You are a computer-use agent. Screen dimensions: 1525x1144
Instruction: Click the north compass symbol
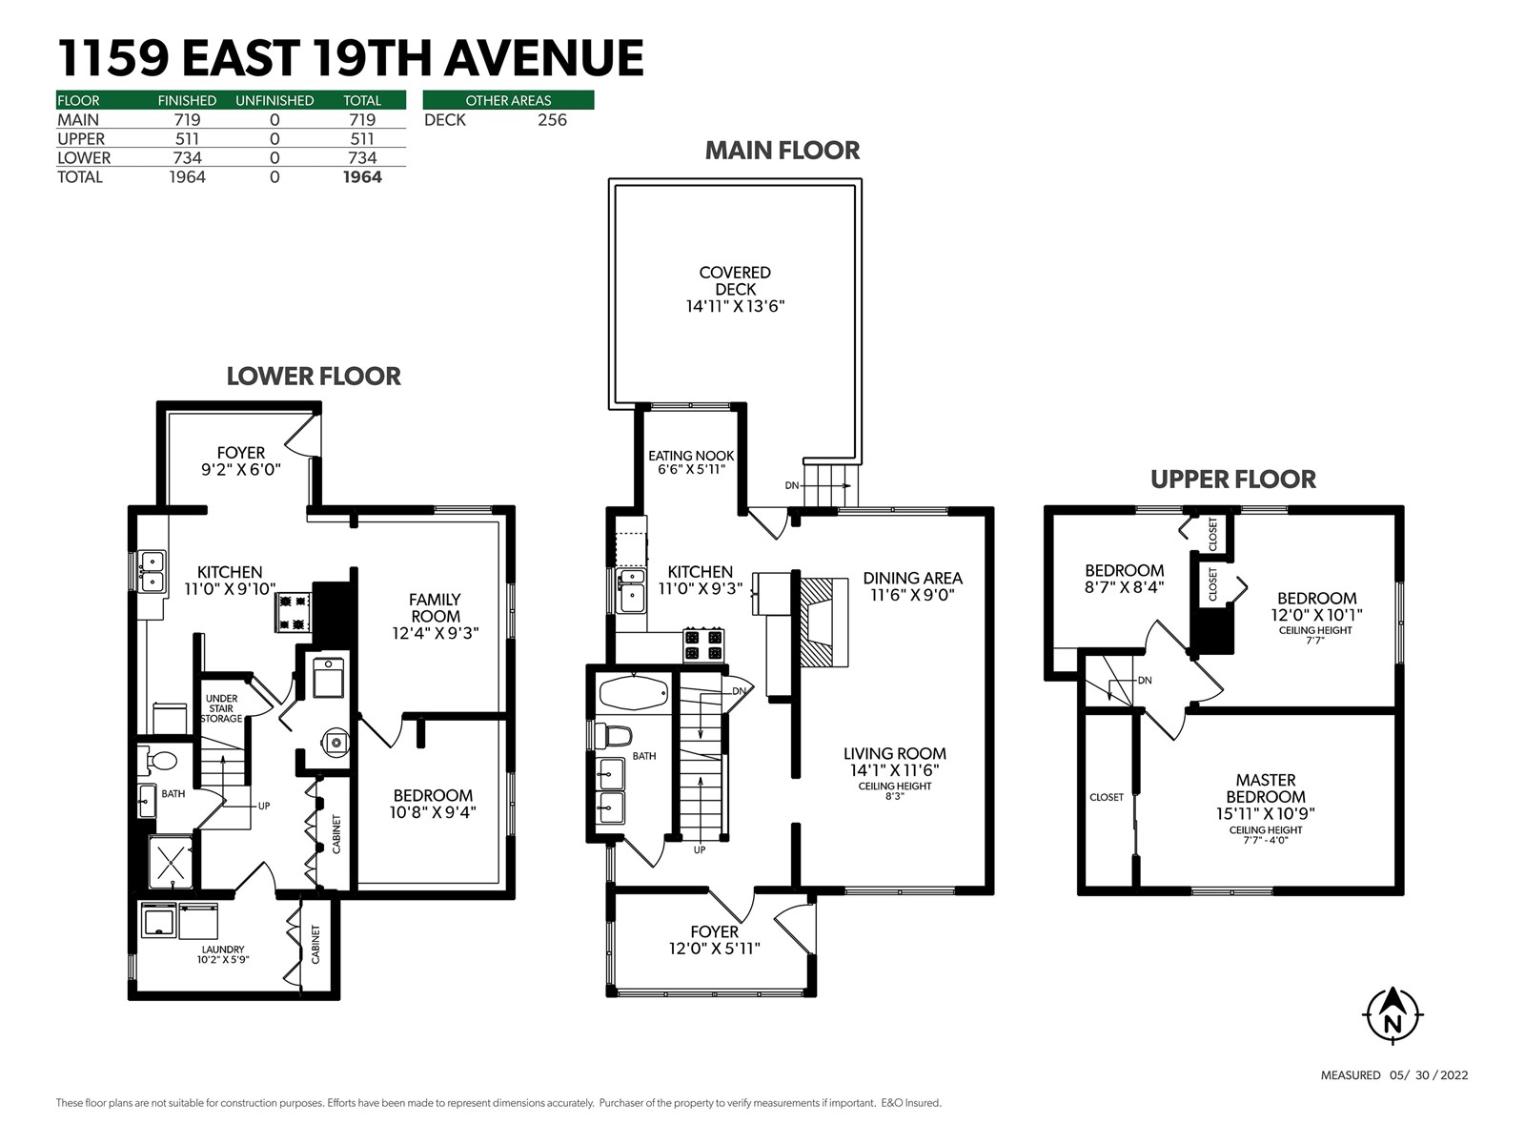tap(1393, 1015)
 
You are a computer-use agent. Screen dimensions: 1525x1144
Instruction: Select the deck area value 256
tap(552, 120)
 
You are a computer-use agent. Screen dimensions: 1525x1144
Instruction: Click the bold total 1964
tap(362, 177)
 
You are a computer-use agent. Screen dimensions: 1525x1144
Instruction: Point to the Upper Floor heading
tap(1233, 480)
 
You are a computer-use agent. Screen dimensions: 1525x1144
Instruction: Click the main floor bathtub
tap(634, 692)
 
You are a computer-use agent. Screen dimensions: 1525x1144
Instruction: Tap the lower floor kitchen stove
tap(294, 612)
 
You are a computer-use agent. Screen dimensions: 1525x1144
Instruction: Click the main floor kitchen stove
tap(703, 643)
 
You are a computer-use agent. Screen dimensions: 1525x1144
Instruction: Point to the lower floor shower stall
tap(171, 862)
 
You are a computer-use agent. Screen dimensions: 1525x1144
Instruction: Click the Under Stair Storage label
tap(222, 708)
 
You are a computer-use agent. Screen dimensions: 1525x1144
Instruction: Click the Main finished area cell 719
tap(187, 120)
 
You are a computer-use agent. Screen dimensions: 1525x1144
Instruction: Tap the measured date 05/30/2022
tap(1429, 1075)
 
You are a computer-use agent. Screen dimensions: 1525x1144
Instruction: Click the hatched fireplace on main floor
tap(824, 623)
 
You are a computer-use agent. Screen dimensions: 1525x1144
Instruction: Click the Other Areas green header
tap(509, 100)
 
